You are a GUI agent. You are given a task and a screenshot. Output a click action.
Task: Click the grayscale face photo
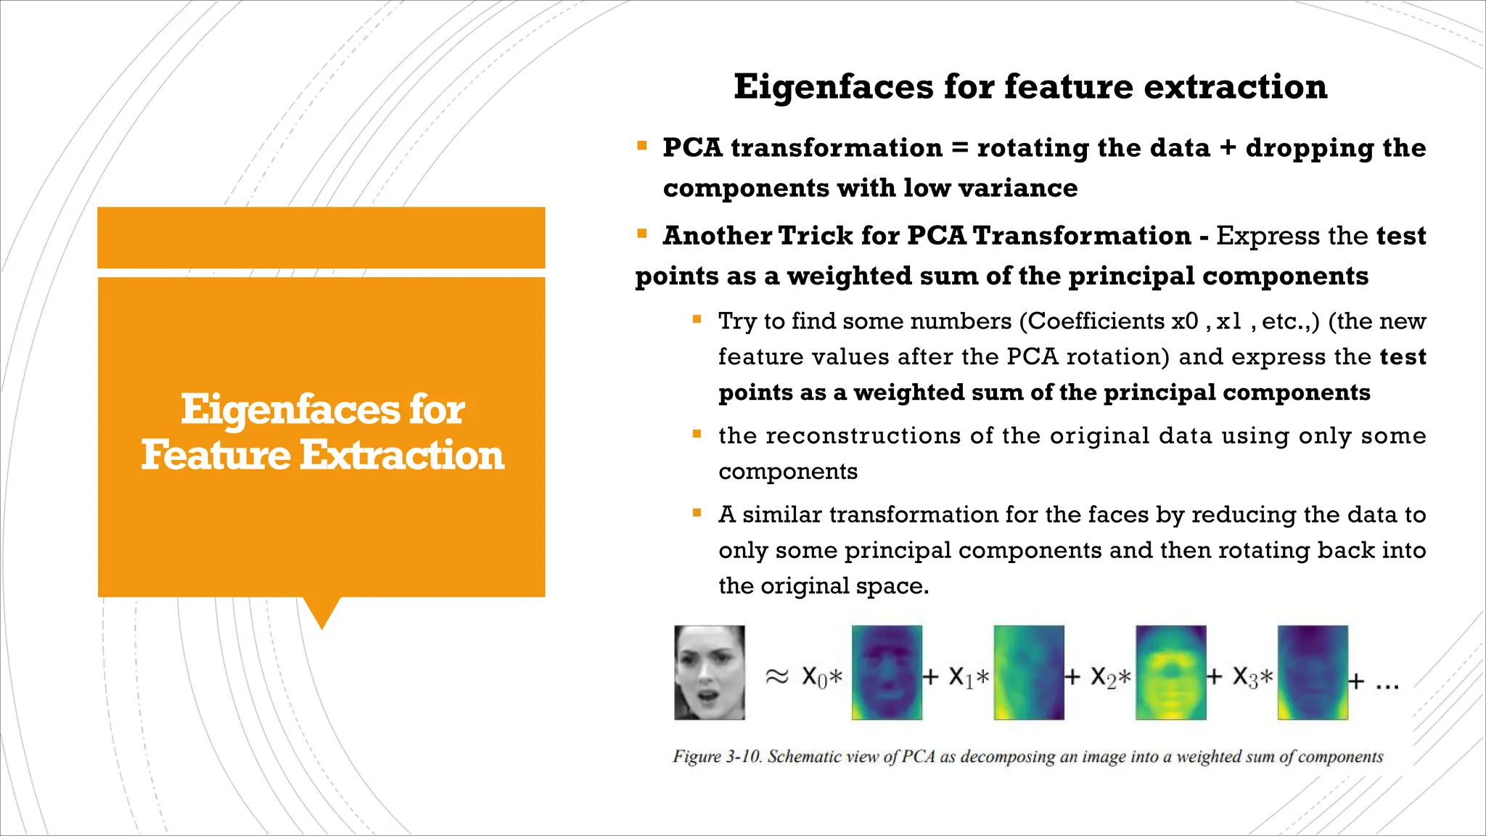point(709,672)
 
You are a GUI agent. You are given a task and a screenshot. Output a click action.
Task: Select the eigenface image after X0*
point(887,672)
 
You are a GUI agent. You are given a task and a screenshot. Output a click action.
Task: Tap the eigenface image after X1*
point(1028,672)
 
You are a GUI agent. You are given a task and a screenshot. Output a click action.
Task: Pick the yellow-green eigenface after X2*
point(1170,672)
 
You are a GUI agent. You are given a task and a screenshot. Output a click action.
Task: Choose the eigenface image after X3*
point(1312,672)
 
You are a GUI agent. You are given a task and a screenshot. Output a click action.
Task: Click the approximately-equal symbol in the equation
point(776,677)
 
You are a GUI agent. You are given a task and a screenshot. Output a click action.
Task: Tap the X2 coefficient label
point(1104,677)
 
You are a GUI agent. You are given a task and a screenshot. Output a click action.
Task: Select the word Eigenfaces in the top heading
point(833,87)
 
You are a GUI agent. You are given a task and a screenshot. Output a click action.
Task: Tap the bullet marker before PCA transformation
point(641,147)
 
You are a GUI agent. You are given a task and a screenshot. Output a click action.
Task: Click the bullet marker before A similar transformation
point(697,513)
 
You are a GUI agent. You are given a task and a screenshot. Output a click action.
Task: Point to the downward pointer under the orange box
point(321,613)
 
